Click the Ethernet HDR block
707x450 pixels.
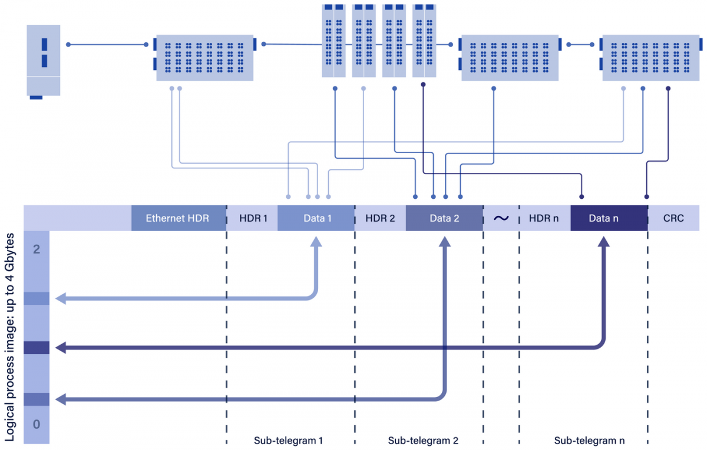tap(179, 218)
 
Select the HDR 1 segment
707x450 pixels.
tap(253, 218)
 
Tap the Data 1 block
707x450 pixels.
tap(318, 218)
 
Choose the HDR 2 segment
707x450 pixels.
tap(380, 218)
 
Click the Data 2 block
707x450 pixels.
tap(444, 218)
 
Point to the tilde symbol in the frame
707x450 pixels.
tap(501, 218)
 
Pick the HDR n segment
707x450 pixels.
tap(545, 218)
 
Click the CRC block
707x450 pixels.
tap(673, 218)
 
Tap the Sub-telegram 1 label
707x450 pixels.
tap(289, 440)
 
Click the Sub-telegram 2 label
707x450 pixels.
tap(423, 440)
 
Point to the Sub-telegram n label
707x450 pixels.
tap(589, 440)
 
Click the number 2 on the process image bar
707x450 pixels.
tap(37, 249)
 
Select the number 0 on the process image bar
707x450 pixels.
tap(37, 424)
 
